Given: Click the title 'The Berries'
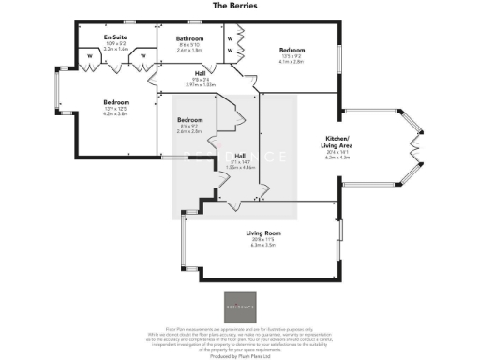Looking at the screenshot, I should click(x=239, y=6).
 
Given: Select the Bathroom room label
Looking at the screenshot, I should click(x=190, y=38).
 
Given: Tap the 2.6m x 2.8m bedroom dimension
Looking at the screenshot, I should click(x=189, y=132).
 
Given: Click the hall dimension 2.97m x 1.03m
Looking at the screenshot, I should click(x=200, y=83).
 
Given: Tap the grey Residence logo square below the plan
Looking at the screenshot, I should click(x=239, y=306).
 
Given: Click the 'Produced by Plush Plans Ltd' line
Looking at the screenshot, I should click(x=239, y=355).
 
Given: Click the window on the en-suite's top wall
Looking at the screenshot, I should click(x=129, y=21).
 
